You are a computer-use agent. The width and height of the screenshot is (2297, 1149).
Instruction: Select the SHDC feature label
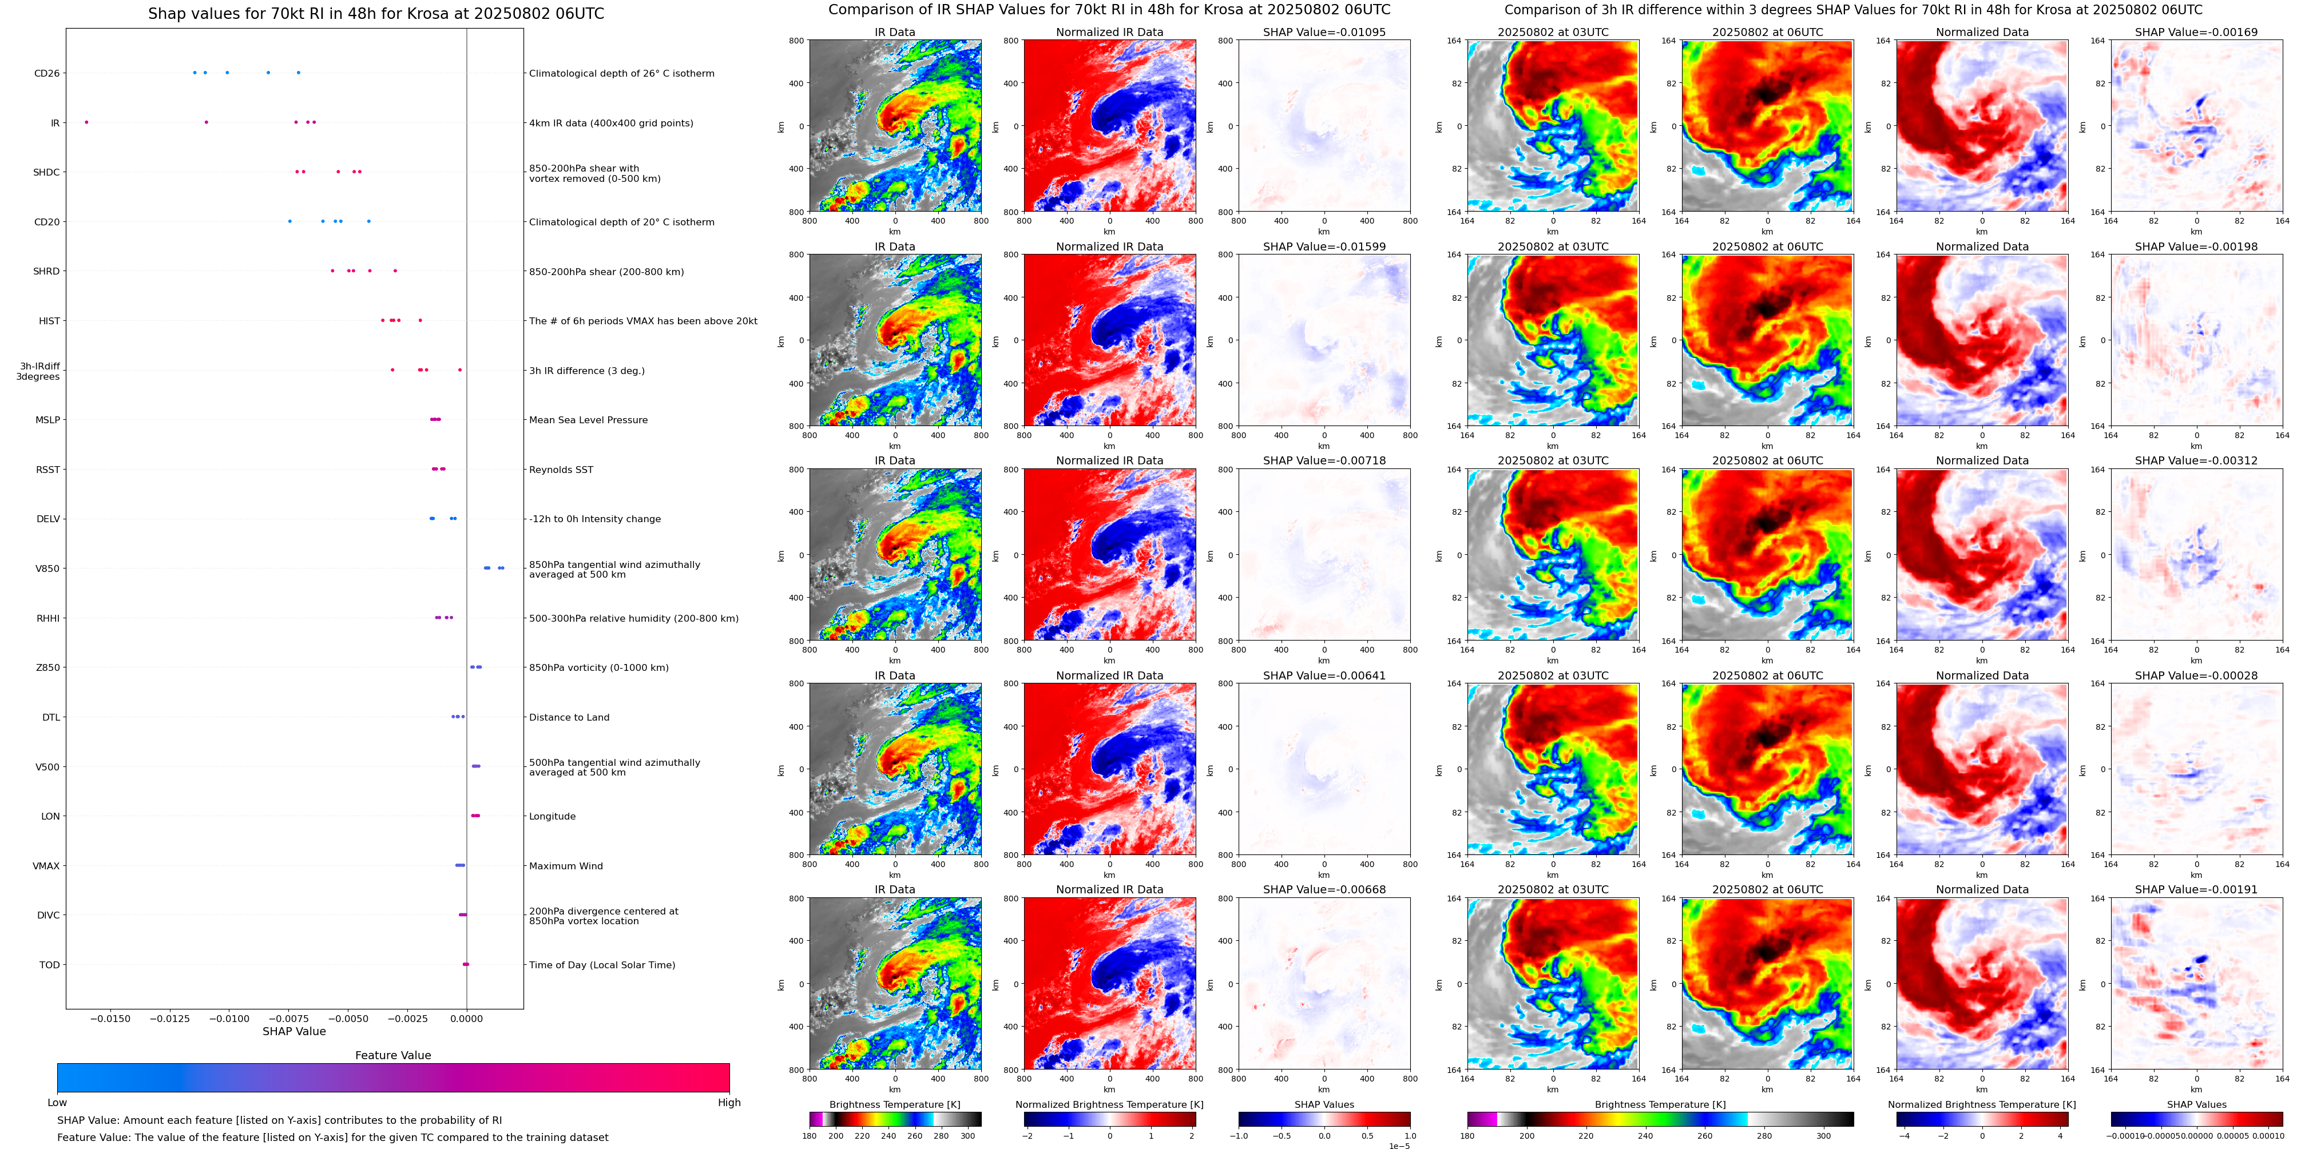pos(46,172)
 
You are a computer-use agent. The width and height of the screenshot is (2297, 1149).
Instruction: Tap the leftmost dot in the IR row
pos(86,122)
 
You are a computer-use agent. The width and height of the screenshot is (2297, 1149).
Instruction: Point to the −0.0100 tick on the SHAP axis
pos(230,1019)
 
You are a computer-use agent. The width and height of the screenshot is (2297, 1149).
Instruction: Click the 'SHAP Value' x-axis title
pos(293,1031)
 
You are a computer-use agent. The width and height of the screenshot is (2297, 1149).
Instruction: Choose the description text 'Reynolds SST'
pos(561,470)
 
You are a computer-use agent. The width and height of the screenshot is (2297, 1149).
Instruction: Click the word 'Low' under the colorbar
pos(57,1103)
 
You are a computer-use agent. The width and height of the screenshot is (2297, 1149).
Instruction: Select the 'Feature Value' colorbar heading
pos(392,1055)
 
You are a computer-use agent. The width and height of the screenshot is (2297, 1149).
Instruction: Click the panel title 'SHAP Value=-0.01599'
pos(1324,247)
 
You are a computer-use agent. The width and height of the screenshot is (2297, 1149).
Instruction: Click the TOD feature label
pos(50,964)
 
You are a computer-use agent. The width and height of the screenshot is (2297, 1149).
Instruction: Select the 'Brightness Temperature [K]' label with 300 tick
pos(894,1104)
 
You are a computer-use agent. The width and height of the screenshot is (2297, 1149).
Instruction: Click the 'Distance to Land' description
pos(569,718)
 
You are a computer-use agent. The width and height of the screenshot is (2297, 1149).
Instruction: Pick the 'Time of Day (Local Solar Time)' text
pos(602,964)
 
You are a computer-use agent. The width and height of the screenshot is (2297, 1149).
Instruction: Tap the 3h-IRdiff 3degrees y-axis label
pos(39,371)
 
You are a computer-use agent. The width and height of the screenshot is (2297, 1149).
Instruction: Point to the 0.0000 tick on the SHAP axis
pos(466,1019)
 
